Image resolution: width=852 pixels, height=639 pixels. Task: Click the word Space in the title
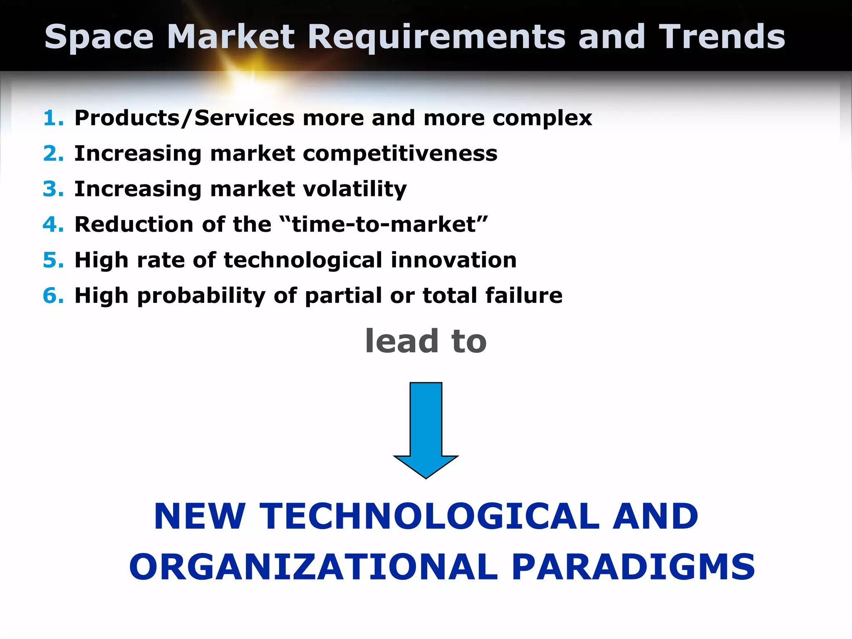point(99,37)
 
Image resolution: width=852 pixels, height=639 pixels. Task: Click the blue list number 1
point(53,118)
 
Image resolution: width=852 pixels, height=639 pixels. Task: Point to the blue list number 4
point(53,225)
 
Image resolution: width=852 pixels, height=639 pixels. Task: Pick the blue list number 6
point(53,296)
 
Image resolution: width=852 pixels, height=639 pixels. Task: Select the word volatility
point(354,190)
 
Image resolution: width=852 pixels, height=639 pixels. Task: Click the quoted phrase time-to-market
point(384,225)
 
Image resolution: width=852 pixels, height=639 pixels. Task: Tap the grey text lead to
point(426,341)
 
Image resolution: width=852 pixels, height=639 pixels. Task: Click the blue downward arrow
point(426,428)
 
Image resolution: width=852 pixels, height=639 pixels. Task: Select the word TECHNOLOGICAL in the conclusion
point(429,516)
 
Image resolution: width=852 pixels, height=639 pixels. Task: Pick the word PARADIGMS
point(633,567)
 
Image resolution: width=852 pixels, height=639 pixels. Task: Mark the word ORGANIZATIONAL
point(314,567)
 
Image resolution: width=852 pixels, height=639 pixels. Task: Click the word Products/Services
point(184,119)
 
